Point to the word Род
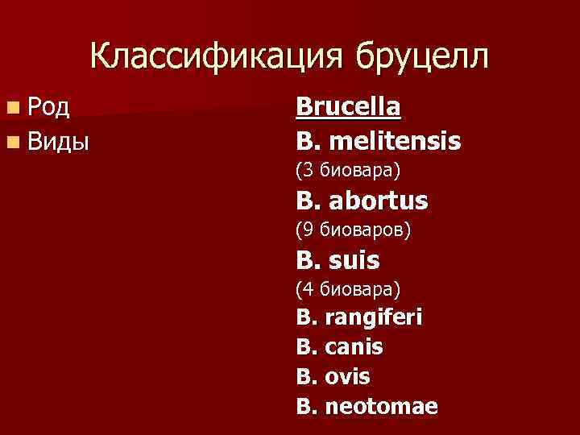(x=48, y=106)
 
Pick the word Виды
(x=58, y=142)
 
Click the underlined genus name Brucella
(x=348, y=106)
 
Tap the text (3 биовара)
(x=348, y=170)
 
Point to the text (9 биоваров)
(x=353, y=230)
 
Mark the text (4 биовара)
(x=348, y=288)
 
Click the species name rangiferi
(x=373, y=317)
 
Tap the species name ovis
(x=347, y=376)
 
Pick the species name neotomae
(x=381, y=406)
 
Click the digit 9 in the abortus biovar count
(x=306, y=230)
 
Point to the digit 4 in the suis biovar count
(x=306, y=288)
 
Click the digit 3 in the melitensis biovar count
(x=306, y=170)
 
